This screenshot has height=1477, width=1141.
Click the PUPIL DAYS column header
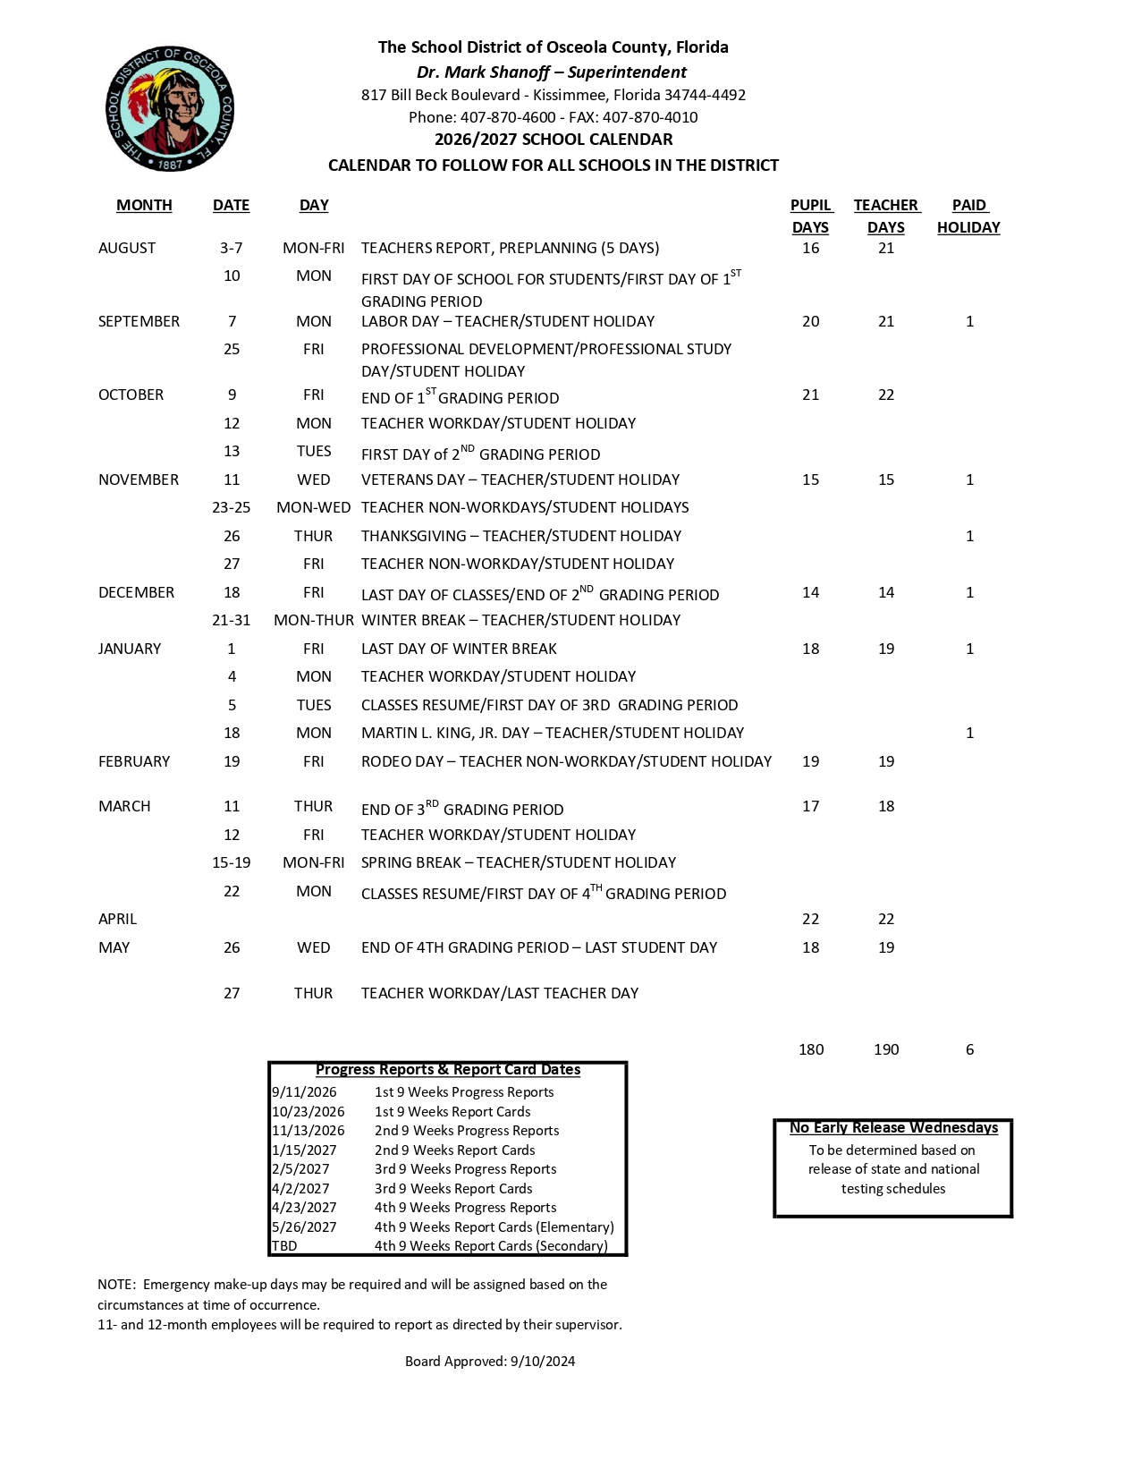[810, 216]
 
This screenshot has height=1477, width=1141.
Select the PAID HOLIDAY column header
[968, 216]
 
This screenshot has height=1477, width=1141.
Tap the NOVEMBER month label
[139, 480]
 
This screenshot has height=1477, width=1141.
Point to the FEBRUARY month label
[134, 761]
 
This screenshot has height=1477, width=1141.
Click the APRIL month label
[117, 919]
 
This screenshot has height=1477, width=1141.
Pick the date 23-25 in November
[231, 507]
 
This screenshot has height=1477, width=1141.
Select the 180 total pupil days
[811, 1049]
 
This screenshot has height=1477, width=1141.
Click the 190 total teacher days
[886, 1049]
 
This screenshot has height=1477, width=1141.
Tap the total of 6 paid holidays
[969, 1049]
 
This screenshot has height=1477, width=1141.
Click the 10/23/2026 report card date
[308, 1111]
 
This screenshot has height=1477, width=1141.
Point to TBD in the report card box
[284, 1245]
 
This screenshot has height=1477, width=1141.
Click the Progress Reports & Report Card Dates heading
[448, 1069]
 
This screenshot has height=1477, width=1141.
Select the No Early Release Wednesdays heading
[893, 1127]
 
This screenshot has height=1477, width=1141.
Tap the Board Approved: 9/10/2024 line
[490, 1361]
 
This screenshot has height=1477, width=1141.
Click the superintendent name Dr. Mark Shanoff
[483, 72]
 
